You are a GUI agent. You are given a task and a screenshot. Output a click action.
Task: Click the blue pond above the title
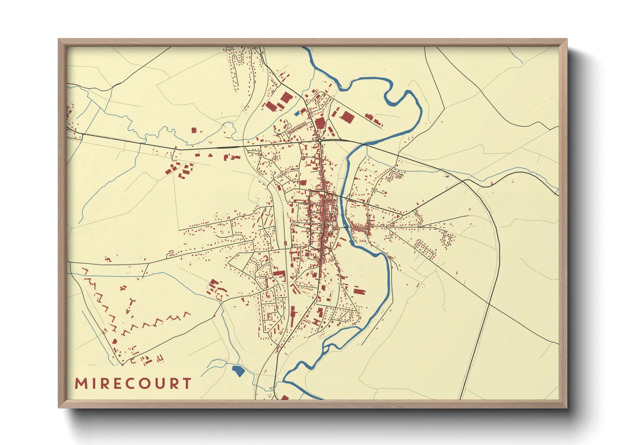(x=238, y=371)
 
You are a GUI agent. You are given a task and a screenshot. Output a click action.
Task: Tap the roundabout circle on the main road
(x=319, y=140)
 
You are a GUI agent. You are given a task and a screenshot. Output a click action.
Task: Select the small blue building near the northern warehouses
(x=298, y=113)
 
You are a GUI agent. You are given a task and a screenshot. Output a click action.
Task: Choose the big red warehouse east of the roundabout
(x=347, y=117)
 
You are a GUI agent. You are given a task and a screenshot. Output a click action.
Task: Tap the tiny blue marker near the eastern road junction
(x=447, y=176)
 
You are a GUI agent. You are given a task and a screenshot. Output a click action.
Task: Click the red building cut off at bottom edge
(x=285, y=397)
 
